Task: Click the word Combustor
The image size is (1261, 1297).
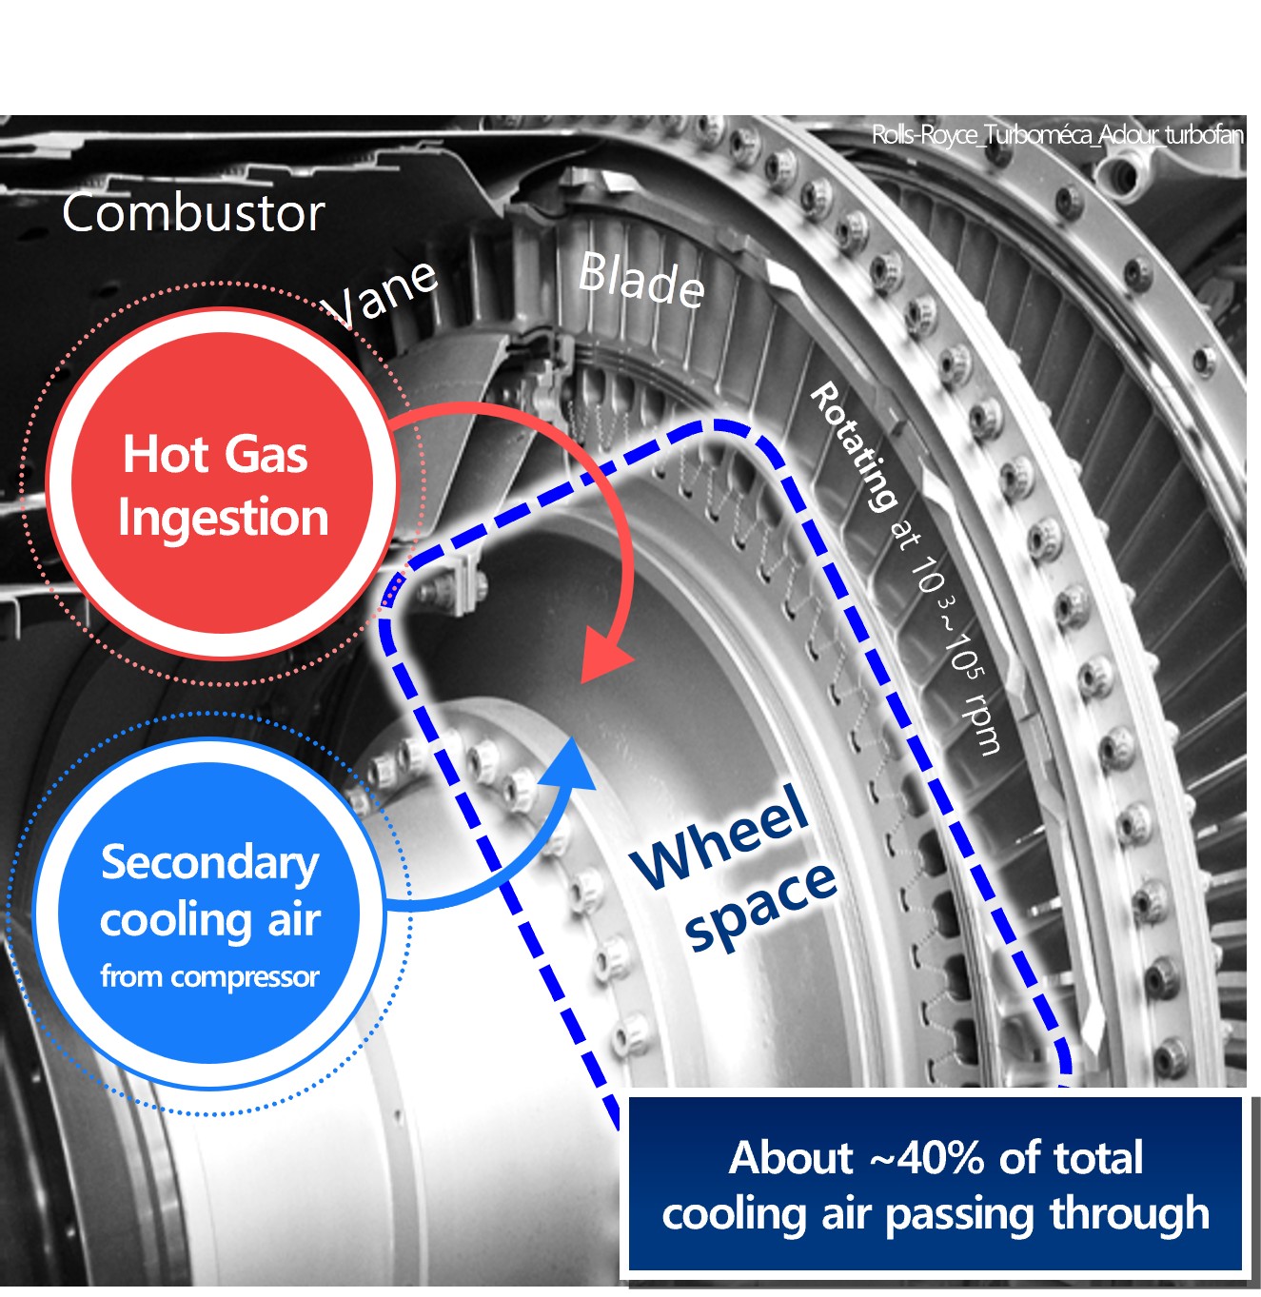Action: (193, 213)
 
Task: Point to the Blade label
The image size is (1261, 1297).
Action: (641, 279)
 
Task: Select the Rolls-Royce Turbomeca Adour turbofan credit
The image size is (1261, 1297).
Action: (1057, 135)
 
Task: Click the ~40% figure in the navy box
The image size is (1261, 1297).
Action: (926, 1158)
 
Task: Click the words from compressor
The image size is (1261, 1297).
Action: (209, 976)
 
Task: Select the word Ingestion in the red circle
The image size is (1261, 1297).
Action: (223, 518)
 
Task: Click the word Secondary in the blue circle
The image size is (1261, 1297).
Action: (209, 862)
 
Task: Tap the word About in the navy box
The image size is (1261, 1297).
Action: (791, 1158)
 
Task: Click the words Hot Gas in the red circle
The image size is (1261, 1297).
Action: (215, 454)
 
